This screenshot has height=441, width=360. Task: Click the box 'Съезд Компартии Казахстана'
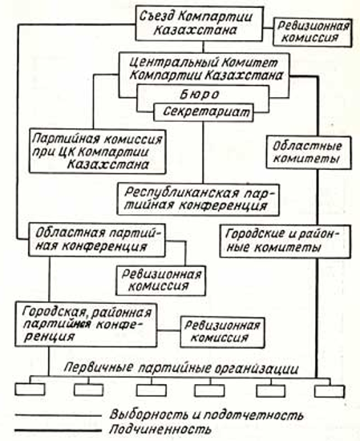click(x=199, y=24)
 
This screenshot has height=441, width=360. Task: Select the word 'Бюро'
click(x=199, y=95)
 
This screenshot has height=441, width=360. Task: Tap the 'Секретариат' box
click(x=204, y=112)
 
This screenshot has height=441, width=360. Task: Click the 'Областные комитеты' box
click(x=309, y=152)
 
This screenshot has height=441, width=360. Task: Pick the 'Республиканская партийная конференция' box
click(x=198, y=200)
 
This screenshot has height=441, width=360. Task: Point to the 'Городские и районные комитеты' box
click(x=285, y=241)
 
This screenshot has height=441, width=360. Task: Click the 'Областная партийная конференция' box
click(x=97, y=240)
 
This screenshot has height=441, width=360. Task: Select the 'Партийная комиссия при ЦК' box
click(x=97, y=152)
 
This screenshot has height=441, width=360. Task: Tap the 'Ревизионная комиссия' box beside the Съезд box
click(x=313, y=32)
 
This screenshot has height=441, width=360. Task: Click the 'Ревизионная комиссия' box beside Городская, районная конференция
click(x=222, y=332)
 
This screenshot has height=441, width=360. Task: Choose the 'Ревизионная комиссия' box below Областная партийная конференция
click(x=160, y=281)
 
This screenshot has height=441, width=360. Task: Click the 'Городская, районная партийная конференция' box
click(x=86, y=324)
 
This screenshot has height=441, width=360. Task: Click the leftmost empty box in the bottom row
click(x=30, y=389)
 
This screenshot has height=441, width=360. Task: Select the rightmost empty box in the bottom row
click(x=330, y=391)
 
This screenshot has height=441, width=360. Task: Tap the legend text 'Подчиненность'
click(x=160, y=430)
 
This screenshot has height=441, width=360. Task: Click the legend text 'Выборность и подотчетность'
click(x=206, y=415)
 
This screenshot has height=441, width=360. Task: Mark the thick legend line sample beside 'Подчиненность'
click(x=58, y=431)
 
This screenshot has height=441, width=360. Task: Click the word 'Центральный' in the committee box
click(x=172, y=63)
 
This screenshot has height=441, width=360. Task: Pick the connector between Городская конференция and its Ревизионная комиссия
click(x=168, y=330)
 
